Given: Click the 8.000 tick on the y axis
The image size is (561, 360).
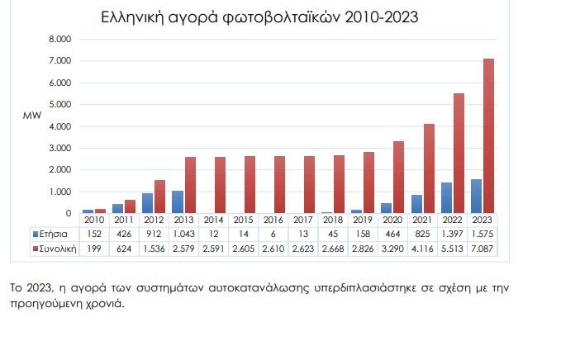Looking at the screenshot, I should [x=60, y=39].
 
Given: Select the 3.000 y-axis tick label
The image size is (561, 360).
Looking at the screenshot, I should [x=60, y=149].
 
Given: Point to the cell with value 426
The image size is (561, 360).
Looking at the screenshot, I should [x=123, y=234].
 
